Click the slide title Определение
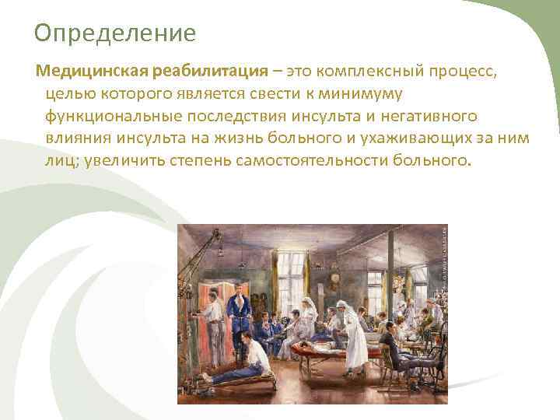[x=115, y=34]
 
